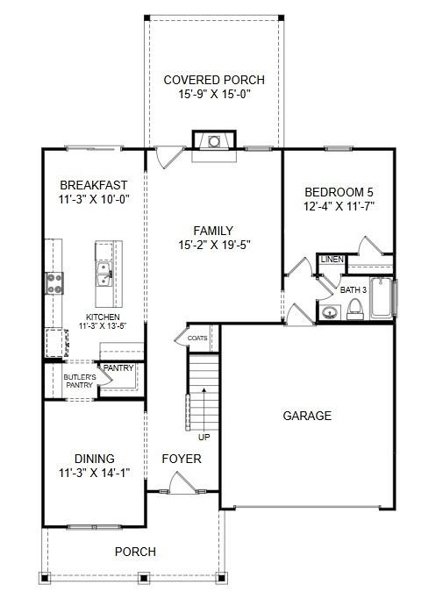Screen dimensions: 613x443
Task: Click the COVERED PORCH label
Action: (x=214, y=81)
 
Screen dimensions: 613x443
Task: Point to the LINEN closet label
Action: (x=332, y=260)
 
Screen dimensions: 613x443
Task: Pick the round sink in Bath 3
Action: (x=331, y=312)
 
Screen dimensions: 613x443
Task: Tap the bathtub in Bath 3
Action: (x=383, y=298)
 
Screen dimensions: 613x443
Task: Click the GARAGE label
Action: (x=307, y=416)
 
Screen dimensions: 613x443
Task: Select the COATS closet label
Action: (x=197, y=337)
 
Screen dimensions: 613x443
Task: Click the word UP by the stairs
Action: (x=204, y=437)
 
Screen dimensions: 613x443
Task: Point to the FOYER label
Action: (x=182, y=459)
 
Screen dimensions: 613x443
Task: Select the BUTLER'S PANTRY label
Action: (x=79, y=381)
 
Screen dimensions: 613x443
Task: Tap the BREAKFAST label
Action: (x=93, y=185)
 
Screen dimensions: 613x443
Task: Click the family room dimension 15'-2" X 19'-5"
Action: (x=213, y=246)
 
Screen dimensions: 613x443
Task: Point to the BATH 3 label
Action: (x=353, y=289)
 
